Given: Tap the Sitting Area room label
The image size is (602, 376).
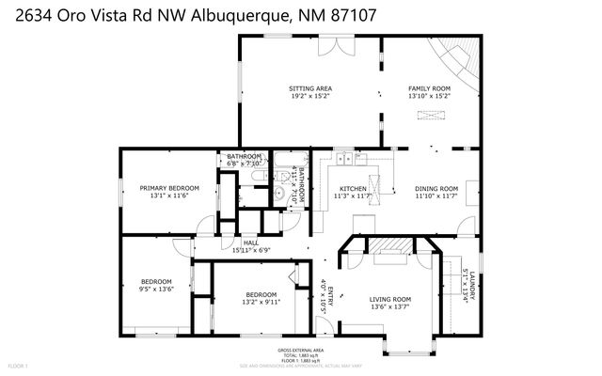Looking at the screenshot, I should tap(309, 88).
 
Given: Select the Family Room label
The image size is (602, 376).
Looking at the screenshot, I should tap(430, 88).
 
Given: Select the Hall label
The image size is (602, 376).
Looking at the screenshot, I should tap(250, 243).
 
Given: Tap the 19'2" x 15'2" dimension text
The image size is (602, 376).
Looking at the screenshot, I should tap(309, 96).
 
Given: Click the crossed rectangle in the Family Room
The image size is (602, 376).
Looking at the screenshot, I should tap(429, 116).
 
